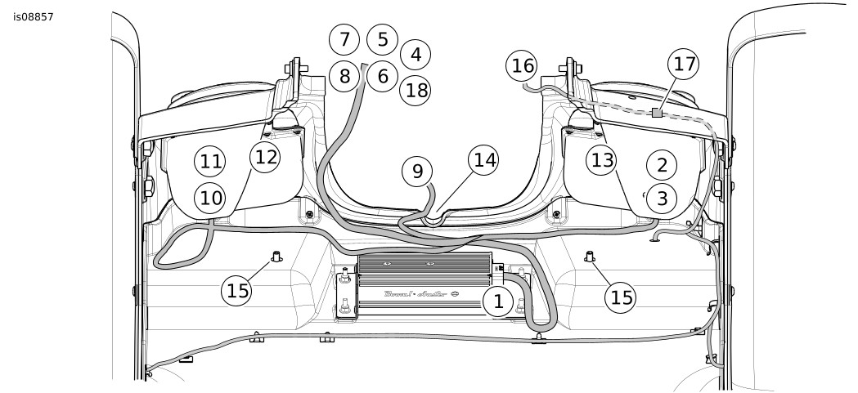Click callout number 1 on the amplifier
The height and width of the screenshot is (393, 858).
496,301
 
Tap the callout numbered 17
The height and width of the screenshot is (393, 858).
684,64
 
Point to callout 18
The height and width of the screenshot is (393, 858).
416,90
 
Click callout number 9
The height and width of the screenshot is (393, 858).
417,171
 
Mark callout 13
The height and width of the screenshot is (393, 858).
602,161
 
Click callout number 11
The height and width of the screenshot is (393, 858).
210,162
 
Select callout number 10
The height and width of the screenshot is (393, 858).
210,197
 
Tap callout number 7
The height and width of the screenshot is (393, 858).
344,39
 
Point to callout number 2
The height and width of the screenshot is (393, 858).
662,164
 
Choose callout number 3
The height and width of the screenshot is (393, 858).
662,198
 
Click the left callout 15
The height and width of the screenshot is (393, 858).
238,290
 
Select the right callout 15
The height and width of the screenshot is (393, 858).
622,297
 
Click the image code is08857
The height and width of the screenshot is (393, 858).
34,16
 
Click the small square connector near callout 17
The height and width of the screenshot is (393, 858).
656,114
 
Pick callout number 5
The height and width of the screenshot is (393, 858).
382,39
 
